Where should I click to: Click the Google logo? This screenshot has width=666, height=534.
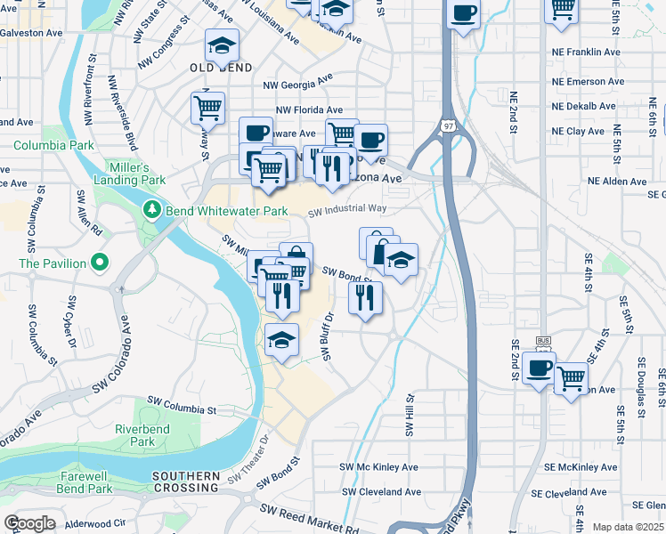(x=29, y=523)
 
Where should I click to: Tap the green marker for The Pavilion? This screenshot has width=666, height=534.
(x=100, y=263)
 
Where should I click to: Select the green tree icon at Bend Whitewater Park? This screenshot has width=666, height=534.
(x=152, y=211)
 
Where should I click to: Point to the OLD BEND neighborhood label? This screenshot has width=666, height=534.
(x=221, y=68)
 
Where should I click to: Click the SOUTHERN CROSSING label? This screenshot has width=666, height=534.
(x=185, y=482)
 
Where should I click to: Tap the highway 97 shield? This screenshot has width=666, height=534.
(x=444, y=127)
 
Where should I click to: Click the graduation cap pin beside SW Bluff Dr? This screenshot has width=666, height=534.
(x=282, y=339)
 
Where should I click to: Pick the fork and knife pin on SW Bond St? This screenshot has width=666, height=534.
(x=365, y=298)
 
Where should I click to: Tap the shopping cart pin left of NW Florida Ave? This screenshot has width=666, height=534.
(x=207, y=108)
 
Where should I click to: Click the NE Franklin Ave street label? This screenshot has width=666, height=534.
(x=585, y=53)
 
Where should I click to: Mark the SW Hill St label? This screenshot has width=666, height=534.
(x=410, y=417)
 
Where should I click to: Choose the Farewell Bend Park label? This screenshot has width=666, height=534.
(x=84, y=482)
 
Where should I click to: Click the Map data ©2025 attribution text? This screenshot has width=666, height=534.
(x=628, y=527)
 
